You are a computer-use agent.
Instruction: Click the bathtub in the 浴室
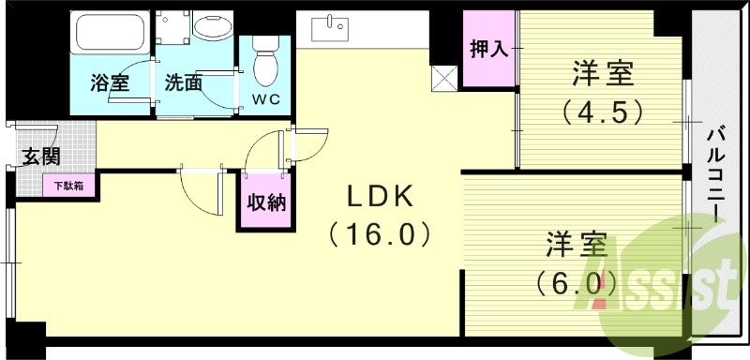coord(108,36)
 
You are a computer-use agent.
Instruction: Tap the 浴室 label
coord(109,82)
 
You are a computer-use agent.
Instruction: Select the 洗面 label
coord(183,82)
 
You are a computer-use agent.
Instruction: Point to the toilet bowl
coord(266,62)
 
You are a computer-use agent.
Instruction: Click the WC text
coord(265,98)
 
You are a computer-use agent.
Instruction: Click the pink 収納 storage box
coord(263,202)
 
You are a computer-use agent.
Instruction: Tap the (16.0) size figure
coord(379,232)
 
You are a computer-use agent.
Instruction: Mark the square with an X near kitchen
coord(443,80)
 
